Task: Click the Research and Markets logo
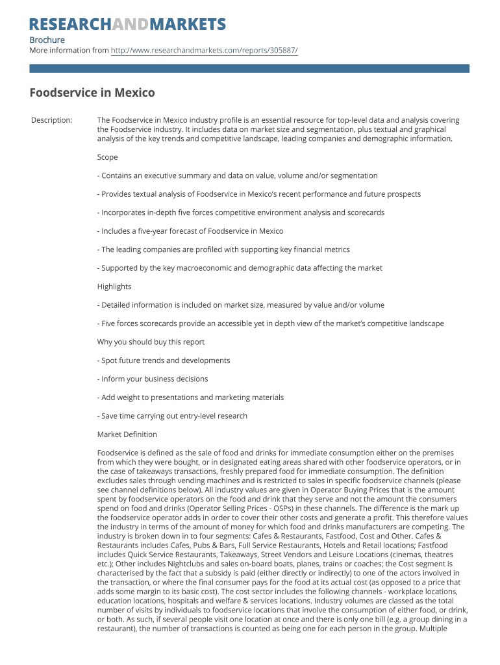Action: click(128, 25)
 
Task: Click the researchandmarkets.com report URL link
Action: click(204, 50)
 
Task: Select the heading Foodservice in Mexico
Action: click(92, 92)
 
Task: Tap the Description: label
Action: click(52, 120)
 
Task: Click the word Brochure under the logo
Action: click(47, 40)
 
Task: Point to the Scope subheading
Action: click(108, 157)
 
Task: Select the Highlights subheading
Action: click(114, 286)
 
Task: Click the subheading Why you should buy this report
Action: click(151, 342)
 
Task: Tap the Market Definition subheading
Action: click(127, 434)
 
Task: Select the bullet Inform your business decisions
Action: click(153, 379)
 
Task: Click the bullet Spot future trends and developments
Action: click(164, 360)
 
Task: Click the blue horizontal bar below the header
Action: click(249, 68)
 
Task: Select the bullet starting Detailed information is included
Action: click(241, 305)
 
